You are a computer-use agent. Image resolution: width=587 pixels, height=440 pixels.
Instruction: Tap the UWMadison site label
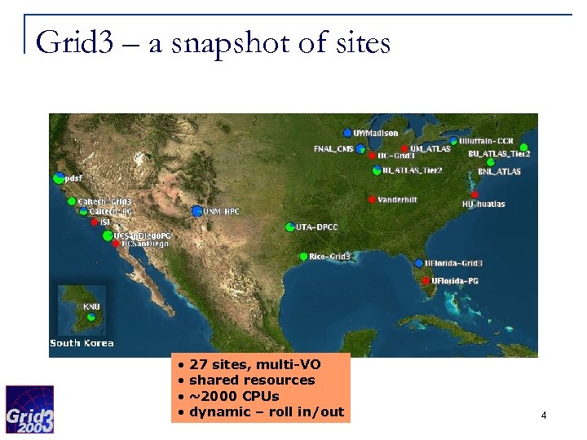tap(376, 133)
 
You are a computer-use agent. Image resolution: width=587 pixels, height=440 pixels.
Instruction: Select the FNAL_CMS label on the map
tap(333, 149)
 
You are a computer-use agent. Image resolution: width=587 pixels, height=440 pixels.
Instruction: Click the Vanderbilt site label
tap(398, 200)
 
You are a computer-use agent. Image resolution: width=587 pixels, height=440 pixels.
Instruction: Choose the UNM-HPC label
tap(221, 211)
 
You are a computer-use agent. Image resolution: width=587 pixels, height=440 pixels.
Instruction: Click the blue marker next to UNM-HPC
tap(196, 211)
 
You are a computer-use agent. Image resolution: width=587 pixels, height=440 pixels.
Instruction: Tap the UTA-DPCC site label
tap(317, 227)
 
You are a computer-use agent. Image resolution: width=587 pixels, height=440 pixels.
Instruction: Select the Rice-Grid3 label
tap(330, 257)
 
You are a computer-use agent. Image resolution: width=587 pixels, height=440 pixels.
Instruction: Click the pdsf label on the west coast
tap(73, 178)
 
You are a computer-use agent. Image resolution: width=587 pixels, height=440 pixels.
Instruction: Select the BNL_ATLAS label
tap(499, 172)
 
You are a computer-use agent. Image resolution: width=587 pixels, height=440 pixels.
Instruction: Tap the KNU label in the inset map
tap(92, 307)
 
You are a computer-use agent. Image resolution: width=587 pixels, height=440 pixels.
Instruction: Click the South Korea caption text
tap(82, 343)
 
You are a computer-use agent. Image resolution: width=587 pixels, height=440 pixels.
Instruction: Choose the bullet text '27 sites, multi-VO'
tap(254, 365)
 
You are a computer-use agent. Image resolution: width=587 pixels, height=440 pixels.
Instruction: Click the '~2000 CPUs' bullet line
tap(233, 396)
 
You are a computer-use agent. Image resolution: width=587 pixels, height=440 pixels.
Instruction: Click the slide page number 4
tap(543, 416)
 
